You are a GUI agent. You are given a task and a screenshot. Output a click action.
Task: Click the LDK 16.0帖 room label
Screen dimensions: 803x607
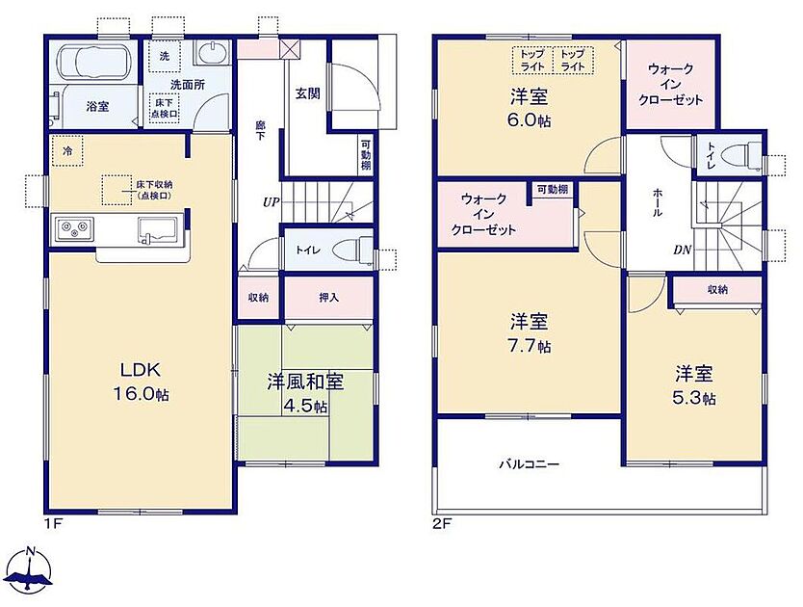(x=141, y=381)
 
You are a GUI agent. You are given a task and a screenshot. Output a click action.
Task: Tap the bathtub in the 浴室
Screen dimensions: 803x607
(x=94, y=62)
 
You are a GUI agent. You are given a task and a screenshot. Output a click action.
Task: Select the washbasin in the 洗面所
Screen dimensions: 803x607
(x=212, y=53)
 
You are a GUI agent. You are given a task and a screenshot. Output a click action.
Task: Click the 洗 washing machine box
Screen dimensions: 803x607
(x=165, y=56)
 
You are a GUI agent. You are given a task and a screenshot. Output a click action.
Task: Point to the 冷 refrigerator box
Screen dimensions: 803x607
(x=67, y=150)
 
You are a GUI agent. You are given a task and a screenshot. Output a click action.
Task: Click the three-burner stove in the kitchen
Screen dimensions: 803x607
(x=75, y=228)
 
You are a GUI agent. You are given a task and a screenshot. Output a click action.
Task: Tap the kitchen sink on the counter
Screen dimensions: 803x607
(x=158, y=228)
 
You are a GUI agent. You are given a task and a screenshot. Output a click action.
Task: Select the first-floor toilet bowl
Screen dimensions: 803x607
(x=352, y=251)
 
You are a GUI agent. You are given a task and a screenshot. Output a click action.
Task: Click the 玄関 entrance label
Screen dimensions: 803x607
(x=308, y=93)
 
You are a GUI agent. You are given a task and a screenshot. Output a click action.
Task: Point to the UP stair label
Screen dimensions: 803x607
(x=271, y=202)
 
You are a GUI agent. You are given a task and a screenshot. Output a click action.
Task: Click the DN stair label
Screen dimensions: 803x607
(x=682, y=251)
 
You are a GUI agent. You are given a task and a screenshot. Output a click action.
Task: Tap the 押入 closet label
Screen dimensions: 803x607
(x=328, y=298)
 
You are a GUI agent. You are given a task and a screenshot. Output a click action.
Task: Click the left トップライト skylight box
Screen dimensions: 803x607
(x=532, y=60)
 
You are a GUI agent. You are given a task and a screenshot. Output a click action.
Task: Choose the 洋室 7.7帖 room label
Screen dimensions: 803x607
(x=530, y=333)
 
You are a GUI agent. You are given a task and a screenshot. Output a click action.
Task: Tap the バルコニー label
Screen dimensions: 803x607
(x=530, y=465)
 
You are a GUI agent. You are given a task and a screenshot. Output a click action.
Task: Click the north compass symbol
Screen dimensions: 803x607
(x=31, y=569)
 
